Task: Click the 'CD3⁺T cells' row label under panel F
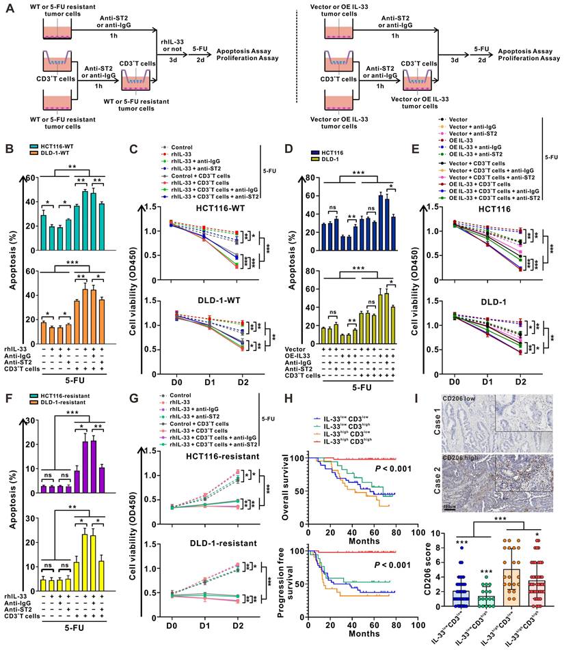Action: pyautogui.click(x=24, y=635)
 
